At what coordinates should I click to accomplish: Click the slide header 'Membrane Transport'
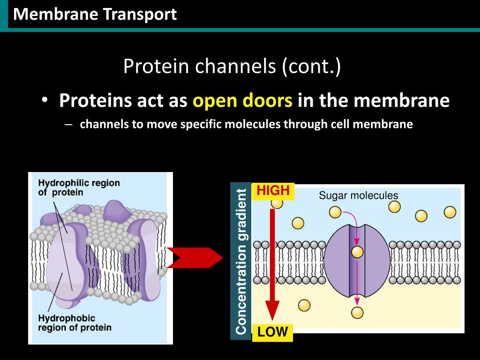point(95,15)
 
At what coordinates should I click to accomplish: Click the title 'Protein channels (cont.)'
point(232,67)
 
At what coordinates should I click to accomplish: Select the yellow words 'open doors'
point(243,100)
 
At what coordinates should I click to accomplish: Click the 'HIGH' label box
point(273,191)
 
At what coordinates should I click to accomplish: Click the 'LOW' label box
point(273,332)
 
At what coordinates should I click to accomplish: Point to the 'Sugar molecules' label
point(358,195)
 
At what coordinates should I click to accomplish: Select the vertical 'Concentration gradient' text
point(241,261)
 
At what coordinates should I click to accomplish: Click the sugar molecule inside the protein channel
point(357,252)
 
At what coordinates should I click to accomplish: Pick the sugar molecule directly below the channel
point(358,312)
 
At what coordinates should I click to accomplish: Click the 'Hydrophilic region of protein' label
point(79,187)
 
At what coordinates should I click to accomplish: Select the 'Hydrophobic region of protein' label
point(74,323)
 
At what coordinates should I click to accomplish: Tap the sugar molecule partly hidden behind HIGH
point(277,203)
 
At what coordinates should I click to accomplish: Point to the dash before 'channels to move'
point(69,125)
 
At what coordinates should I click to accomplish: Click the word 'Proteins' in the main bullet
point(96,100)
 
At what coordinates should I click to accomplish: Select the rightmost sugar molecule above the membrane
point(450,212)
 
